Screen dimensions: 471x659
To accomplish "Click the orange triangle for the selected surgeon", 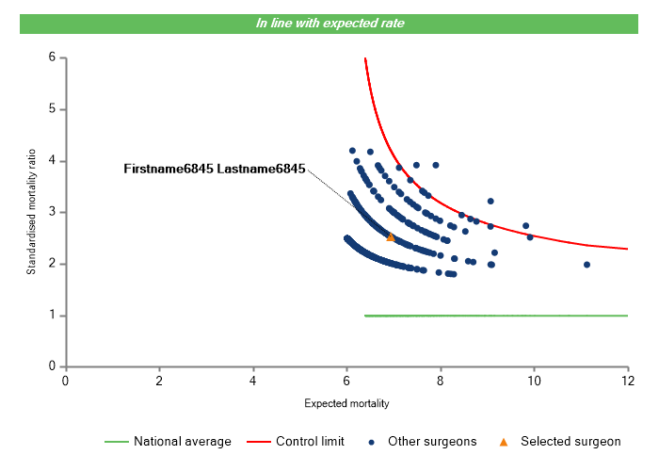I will (391, 237).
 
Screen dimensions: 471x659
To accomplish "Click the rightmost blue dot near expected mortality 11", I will (587, 265).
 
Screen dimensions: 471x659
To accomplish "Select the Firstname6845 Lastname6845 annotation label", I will (215, 170).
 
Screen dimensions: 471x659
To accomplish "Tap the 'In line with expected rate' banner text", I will (329, 23).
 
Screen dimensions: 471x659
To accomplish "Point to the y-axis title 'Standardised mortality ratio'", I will (31, 212).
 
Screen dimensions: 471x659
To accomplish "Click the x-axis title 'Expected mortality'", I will (346, 404).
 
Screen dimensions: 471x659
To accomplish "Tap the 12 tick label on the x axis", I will (628, 381).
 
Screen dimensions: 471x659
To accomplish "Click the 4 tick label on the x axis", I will (253, 381).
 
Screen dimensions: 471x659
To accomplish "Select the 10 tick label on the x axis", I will (534, 381).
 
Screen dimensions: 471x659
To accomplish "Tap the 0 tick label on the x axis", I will (66, 381).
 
